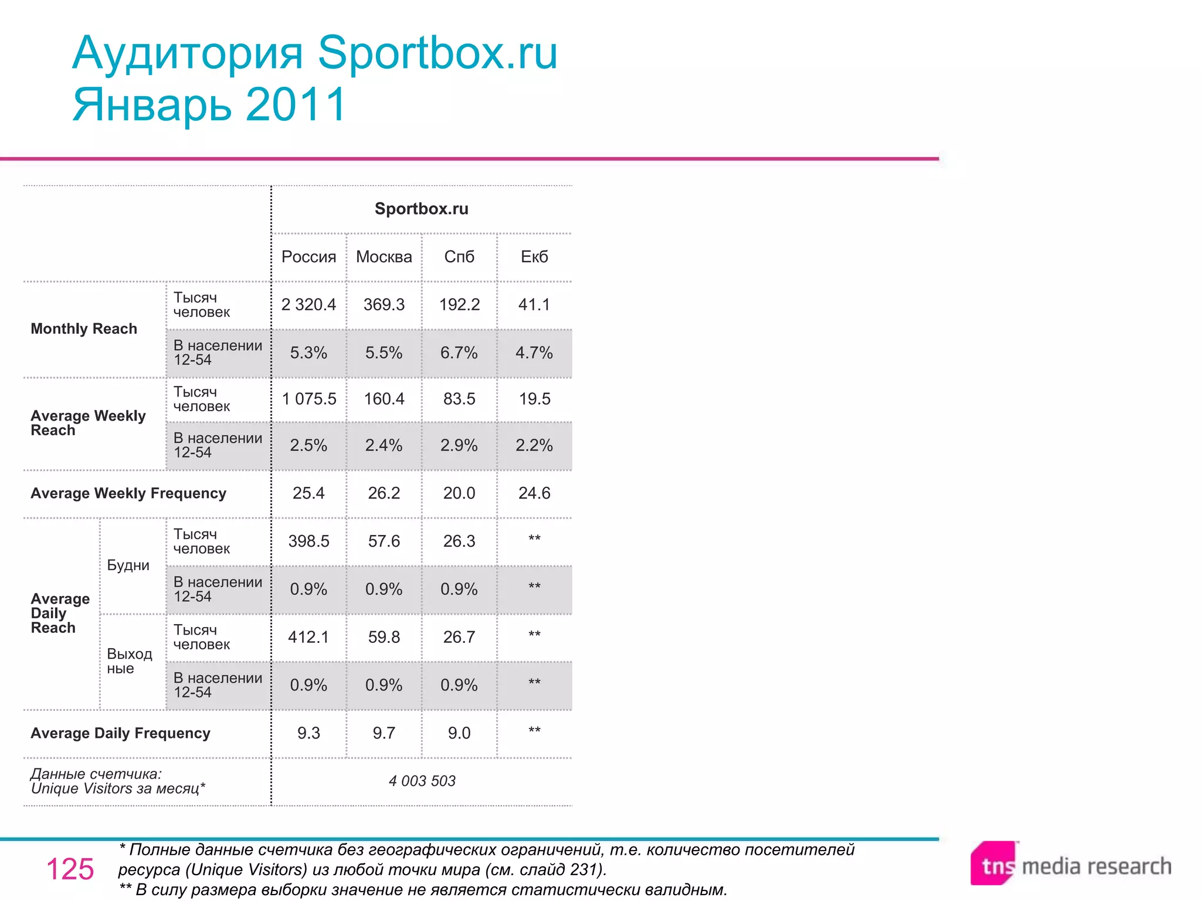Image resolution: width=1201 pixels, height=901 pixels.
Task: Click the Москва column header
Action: point(384,257)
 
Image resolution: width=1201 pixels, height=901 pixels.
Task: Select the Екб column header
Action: point(534,257)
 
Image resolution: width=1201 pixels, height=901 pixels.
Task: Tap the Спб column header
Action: point(459,257)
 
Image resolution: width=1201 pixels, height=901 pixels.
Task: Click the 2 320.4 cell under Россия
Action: point(308,305)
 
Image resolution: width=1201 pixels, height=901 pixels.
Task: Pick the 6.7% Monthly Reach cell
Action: point(459,353)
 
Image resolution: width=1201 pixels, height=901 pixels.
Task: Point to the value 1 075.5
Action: point(309,399)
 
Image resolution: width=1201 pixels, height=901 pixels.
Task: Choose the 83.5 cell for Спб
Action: point(459,399)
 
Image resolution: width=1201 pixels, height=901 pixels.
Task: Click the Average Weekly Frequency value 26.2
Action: point(384,493)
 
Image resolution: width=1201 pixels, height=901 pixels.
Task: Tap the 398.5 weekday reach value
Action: point(308,541)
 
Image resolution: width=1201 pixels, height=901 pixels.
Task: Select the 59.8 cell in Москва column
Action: point(384,637)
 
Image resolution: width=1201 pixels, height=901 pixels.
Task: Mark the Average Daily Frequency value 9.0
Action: point(459,733)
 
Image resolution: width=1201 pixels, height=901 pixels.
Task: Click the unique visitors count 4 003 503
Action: point(422,781)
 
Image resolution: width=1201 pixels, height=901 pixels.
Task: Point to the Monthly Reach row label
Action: point(84,329)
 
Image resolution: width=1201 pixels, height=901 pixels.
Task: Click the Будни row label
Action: point(128,565)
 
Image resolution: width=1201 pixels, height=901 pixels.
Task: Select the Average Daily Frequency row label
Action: point(120,733)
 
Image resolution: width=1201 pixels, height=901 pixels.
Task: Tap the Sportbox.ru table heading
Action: point(421,209)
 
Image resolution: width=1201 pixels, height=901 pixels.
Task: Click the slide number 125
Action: point(70,869)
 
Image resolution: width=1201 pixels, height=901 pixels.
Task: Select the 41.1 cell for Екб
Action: point(534,305)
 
